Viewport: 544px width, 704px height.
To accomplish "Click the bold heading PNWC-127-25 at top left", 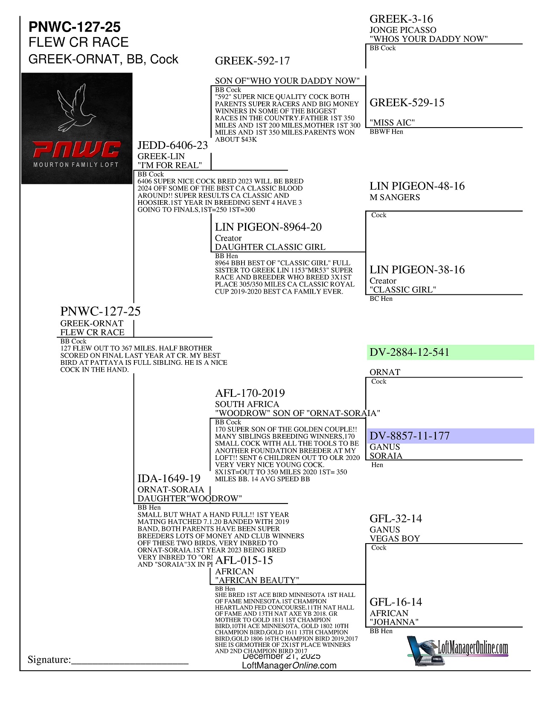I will click(74, 27).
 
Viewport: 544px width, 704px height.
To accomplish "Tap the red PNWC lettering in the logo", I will click(77, 150).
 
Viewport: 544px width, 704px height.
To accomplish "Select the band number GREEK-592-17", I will click(252, 61).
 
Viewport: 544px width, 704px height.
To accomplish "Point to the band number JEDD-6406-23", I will click(172, 145).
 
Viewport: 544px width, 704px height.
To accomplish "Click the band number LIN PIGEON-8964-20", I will click(268, 227).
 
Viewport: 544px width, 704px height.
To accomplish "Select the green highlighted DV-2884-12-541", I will click(409, 352).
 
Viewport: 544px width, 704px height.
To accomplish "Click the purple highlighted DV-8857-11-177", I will click(409, 436).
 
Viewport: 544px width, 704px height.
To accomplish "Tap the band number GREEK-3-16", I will click(401, 19).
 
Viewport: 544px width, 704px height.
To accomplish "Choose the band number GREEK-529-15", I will click(407, 103).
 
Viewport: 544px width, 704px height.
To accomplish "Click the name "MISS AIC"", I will click(392, 123).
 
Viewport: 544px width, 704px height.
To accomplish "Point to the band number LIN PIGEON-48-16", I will click(417, 186).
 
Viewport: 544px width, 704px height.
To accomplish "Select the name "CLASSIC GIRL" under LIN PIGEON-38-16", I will click(403, 290).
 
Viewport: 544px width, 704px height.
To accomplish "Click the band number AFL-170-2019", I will click(250, 393).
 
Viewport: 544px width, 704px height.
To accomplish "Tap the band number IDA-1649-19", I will click(169, 479).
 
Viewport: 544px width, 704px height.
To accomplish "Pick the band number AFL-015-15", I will click(244, 560).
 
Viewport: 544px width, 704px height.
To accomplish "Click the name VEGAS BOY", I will click(395, 538).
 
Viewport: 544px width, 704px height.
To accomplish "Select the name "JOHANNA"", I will click(394, 622).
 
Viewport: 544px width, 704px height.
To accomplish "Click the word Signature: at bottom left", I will click(49, 660).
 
